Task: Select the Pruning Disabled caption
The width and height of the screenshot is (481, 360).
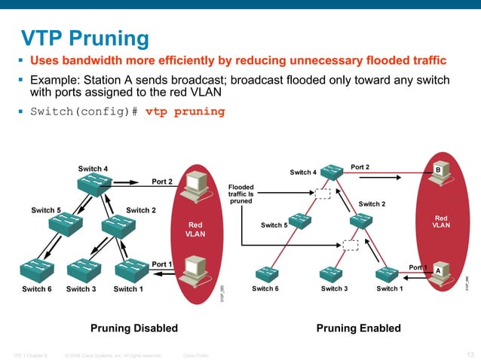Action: coord(134,328)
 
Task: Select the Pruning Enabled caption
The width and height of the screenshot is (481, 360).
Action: coord(358,328)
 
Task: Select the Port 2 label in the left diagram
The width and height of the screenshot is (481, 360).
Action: coord(162,182)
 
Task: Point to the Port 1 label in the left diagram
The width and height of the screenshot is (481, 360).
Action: coord(162,264)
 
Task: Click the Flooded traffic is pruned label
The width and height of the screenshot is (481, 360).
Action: coord(241,194)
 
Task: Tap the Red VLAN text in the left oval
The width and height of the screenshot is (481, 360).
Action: coord(195,229)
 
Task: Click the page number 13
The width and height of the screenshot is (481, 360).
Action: coord(470,355)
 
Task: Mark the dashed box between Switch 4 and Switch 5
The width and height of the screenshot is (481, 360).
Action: coord(323,194)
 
